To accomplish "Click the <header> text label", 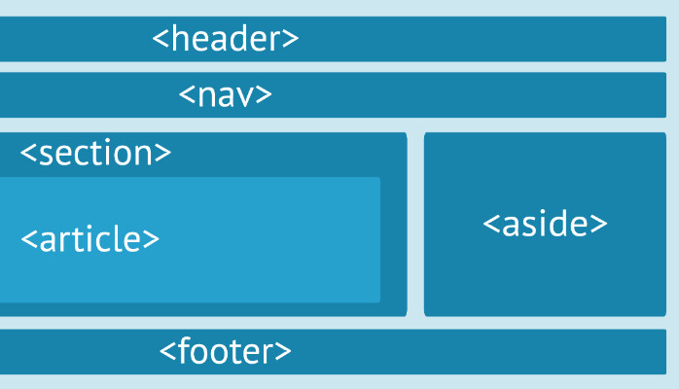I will click(226, 39).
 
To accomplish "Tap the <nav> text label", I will click(226, 95).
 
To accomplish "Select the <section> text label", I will click(95, 153).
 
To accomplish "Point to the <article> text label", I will click(89, 238).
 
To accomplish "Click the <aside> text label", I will click(545, 224).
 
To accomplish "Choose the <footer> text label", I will click(226, 351).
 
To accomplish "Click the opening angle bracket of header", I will click(161, 40).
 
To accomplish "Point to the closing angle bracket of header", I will click(291, 40).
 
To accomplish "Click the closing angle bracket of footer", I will click(283, 352).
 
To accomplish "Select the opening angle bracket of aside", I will click(491, 225).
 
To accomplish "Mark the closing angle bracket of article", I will click(151, 239).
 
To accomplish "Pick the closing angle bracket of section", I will click(163, 154).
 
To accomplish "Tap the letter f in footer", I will click(182, 350).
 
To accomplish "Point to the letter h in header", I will click(178, 39).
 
